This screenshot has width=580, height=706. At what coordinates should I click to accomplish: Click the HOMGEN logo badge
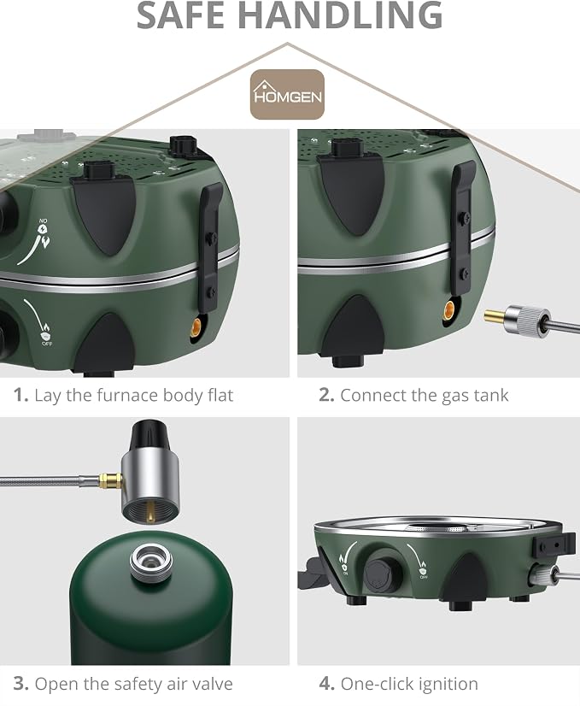(x=287, y=95)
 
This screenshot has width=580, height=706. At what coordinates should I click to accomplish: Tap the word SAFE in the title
(x=186, y=15)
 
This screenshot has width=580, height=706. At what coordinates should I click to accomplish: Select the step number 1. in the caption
(x=21, y=395)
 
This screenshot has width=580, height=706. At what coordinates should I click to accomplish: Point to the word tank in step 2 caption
(x=490, y=396)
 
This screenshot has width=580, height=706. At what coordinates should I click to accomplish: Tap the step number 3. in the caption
(x=21, y=684)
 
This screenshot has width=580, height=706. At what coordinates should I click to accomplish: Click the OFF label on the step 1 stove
(x=47, y=344)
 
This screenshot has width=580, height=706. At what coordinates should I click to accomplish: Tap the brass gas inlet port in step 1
(x=196, y=326)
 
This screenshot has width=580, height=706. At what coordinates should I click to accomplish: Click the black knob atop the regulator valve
(x=149, y=438)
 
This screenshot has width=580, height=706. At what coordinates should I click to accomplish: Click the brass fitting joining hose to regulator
(x=111, y=481)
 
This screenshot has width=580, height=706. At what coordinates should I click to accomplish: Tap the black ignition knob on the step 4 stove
(x=382, y=574)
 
